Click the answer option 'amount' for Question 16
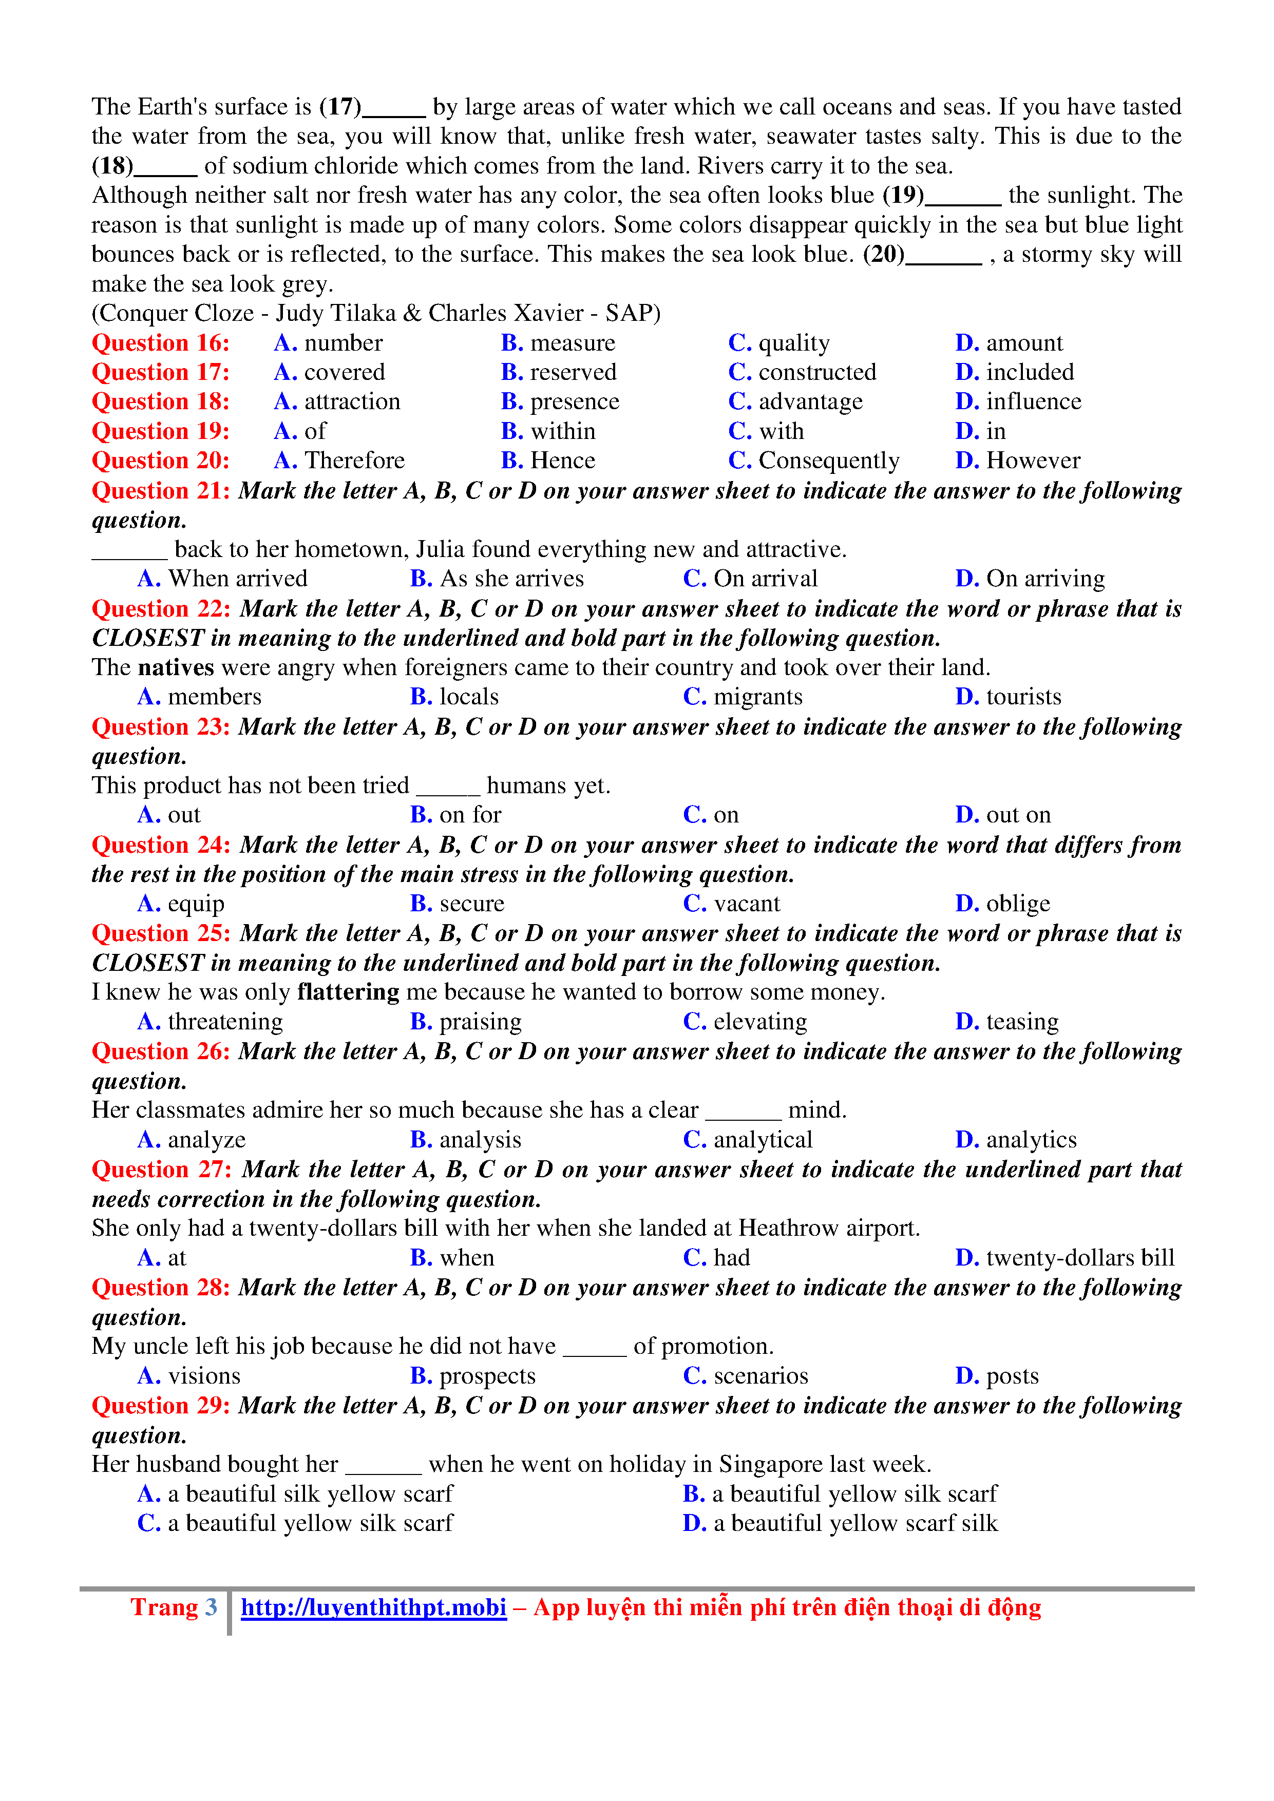(x=1024, y=343)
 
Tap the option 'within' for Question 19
(x=562, y=431)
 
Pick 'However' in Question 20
(x=1032, y=461)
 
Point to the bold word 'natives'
(x=176, y=667)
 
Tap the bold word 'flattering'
(x=348, y=992)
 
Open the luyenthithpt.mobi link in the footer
(x=373, y=1607)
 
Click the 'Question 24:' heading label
(x=161, y=845)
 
